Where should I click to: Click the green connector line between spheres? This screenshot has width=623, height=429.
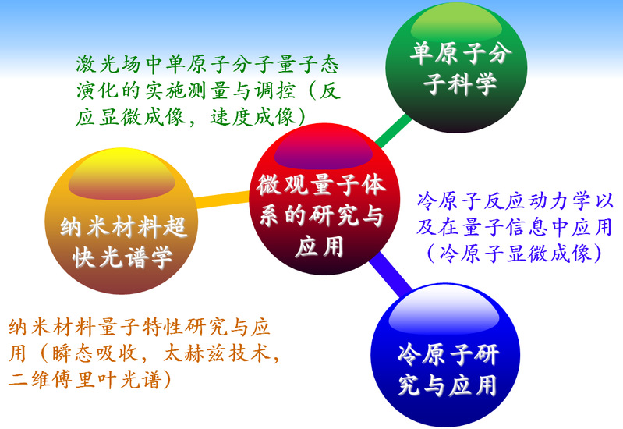[392, 131]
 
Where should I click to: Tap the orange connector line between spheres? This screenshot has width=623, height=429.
[222, 199]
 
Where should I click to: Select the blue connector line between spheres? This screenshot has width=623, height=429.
[390, 275]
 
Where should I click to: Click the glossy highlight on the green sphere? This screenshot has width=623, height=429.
[456, 23]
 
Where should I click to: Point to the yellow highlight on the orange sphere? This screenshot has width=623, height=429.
[121, 175]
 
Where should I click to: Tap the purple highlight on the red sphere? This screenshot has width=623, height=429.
[323, 148]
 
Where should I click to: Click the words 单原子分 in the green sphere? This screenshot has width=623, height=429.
[461, 53]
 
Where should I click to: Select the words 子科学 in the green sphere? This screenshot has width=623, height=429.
[460, 83]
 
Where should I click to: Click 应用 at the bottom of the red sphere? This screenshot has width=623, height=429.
[319, 246]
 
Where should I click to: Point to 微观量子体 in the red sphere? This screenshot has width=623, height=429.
[321, 185]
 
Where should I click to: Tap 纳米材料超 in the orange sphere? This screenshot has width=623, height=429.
[123, 227]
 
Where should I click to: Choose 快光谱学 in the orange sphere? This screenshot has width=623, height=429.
[122, 257]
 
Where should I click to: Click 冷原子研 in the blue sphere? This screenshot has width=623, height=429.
[448, 354]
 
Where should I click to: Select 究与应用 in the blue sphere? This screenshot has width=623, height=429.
[448, 385]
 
